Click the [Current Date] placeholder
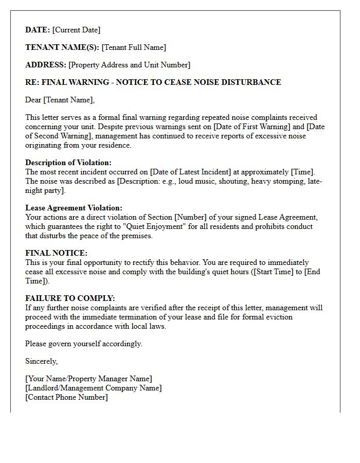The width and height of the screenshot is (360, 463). [76, 30]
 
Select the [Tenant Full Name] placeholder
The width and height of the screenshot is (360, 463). [134, 47]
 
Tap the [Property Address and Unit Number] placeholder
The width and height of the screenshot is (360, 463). [129, 65]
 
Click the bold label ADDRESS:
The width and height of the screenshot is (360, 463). [46, 65]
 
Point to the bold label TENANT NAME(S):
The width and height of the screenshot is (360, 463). [62, 47]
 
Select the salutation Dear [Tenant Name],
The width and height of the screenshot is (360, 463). [60, 100]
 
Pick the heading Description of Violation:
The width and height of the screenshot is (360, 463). [68, 163]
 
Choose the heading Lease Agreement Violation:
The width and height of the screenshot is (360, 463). [74, 208]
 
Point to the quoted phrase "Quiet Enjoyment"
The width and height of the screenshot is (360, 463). [157, 226]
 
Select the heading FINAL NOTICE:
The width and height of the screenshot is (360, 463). [56, 253]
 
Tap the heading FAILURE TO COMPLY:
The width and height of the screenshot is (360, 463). [70, 298]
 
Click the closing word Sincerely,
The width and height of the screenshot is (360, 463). [42, 361]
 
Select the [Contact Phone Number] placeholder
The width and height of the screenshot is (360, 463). [67, 397]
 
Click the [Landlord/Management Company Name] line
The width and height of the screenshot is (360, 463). [93, 388]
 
